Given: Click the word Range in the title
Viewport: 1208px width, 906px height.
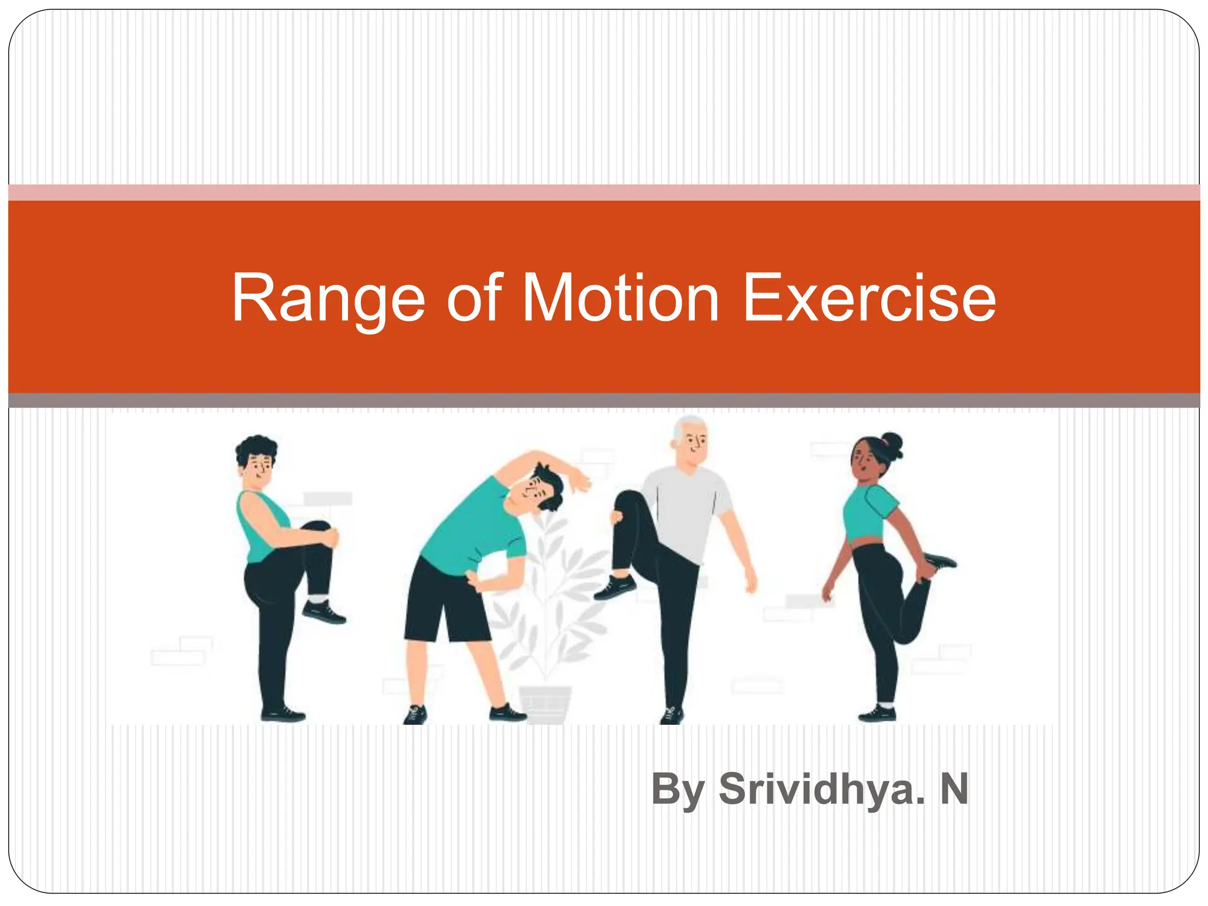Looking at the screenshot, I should click(328, 298).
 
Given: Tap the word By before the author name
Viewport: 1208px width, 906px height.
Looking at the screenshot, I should click(678, 790).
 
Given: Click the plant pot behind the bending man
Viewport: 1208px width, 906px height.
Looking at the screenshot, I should click(545, 703).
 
